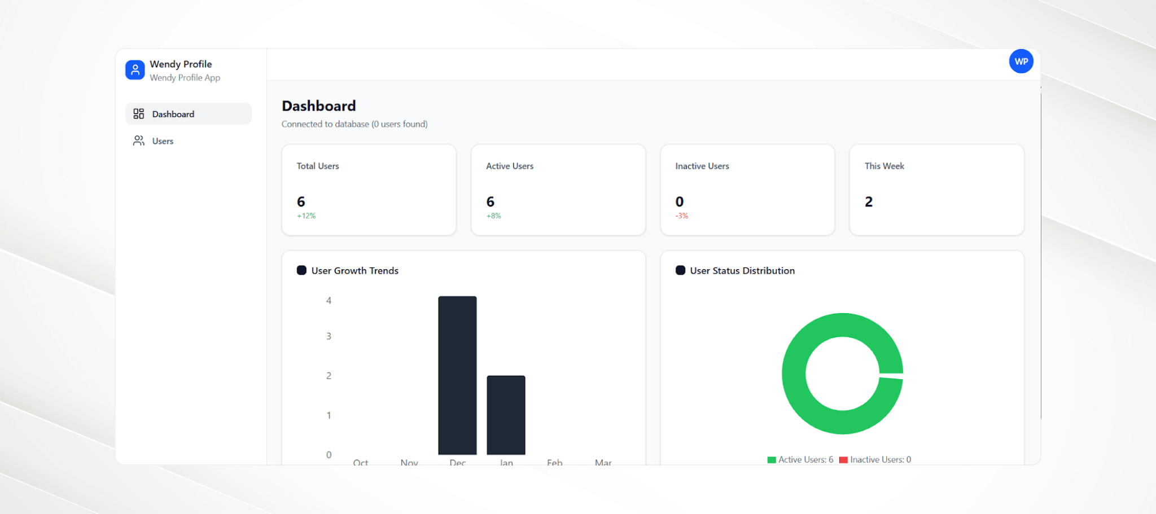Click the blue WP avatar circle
[x=1021, y=61]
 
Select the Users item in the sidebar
[x=163, y=141]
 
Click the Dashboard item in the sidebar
[x=173, y=114]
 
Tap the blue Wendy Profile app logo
[x=135, y=70]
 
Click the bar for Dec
[x=457, y=375]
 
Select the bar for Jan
[x=506, y=415]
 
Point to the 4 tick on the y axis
[x=329, y=301]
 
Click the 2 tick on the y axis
[x=329, y=376]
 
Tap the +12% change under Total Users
[x=306, y=216]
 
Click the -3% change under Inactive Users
[x=682, y=216]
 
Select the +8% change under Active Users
[x=493, y=216]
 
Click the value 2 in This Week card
[x=869, y=202]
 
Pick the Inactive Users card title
[x=702, y=166]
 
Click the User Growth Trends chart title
[x=354, y=271]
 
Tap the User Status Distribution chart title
[x=742, y=271]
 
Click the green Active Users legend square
[x=772, y=460]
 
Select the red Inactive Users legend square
[x=843, y=460]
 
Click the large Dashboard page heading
[x=319, y=106]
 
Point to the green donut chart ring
[x=794, y=374]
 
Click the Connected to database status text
[x=354, y=124]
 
